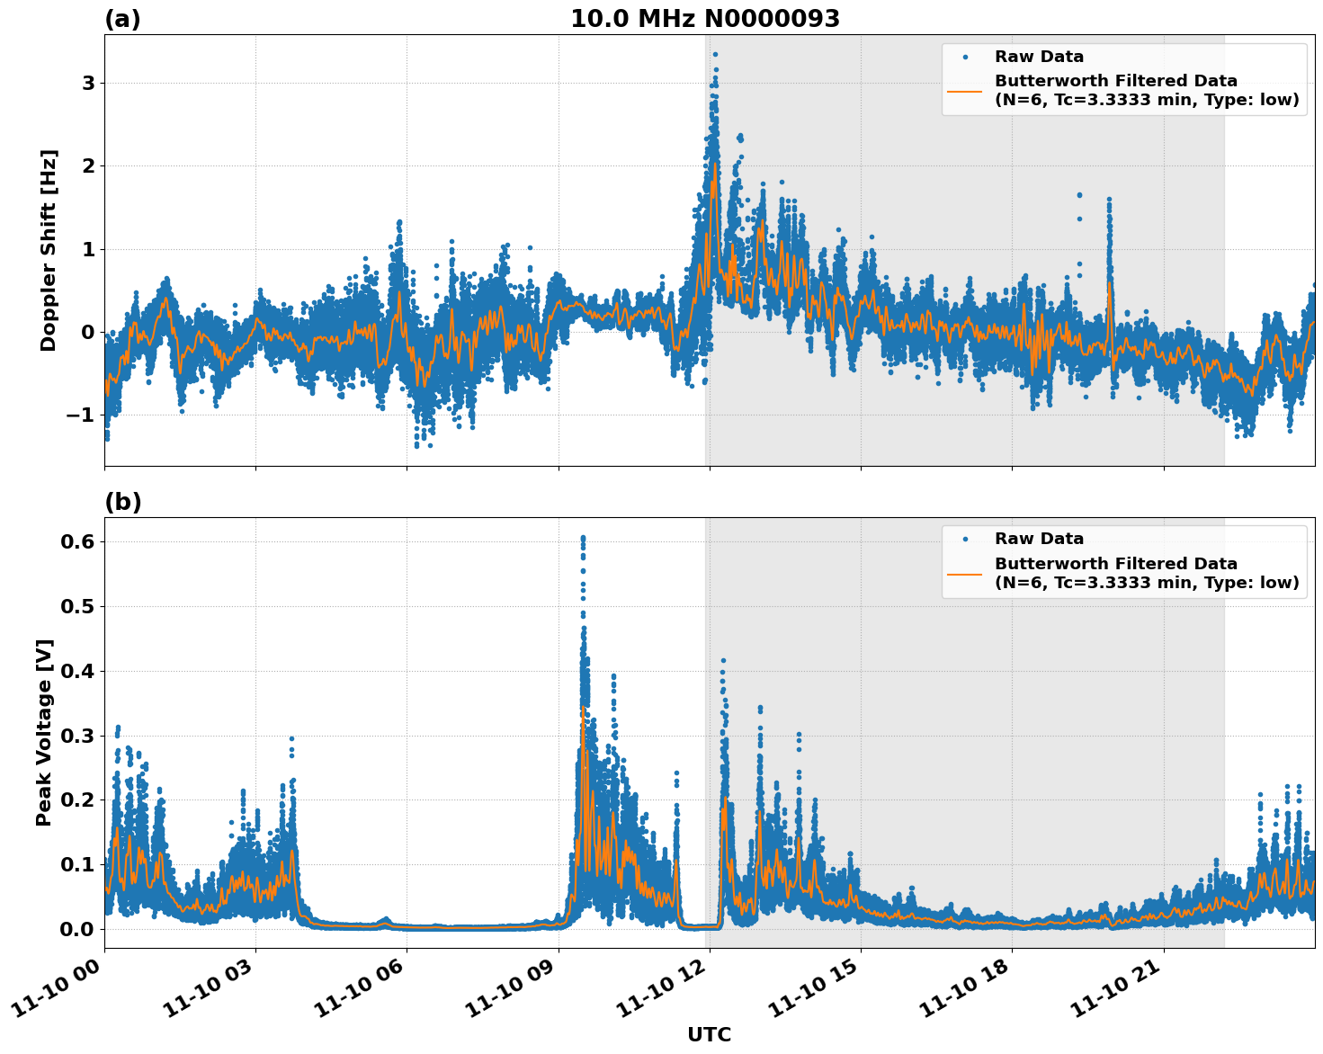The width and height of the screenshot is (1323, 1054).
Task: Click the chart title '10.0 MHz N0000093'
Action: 704,19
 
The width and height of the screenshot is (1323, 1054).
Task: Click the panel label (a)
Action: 122,19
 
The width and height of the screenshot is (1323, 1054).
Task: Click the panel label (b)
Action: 122,502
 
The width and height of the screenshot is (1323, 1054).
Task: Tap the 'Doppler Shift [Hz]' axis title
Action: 49,250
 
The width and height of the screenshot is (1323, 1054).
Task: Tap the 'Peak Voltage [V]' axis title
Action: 45,732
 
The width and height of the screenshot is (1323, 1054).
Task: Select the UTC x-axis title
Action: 709,1034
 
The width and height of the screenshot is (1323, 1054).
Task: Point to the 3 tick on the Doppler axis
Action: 88,84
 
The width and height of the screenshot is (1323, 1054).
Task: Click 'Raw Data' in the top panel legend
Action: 1039,57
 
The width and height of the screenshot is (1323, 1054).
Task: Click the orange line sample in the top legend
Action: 965,91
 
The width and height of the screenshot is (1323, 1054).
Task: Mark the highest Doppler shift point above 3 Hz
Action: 715,54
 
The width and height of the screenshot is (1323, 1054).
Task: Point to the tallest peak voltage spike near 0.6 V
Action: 583,538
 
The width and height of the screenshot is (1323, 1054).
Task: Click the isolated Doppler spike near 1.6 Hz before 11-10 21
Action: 1109,200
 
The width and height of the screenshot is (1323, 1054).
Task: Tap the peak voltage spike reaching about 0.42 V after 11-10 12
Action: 723,661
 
